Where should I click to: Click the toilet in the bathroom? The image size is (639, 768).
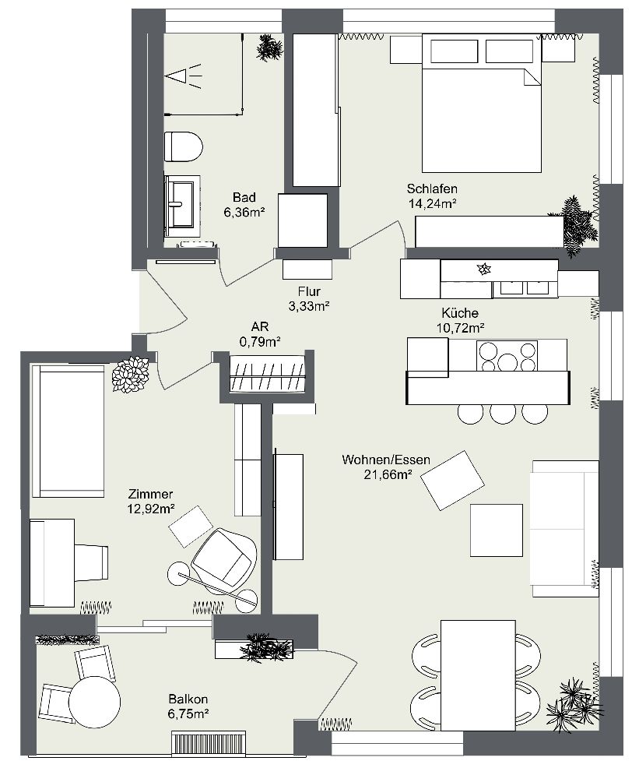click(183, 146)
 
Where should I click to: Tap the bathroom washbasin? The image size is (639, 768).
click(181, 205)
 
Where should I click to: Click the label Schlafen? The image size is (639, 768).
click(431, 188)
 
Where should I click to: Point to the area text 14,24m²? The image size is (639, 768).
click(431, 203)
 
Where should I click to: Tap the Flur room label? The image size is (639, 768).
click(308, 291)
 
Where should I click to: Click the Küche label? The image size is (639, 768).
click(462, 312)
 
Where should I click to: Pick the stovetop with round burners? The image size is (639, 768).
click(507, 356)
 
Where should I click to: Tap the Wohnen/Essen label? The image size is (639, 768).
click(386, 460)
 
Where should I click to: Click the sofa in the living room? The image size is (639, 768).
click(564, 527)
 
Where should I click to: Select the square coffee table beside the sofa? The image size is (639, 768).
click(496, 530)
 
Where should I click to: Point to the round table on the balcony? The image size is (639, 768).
click(95, 702)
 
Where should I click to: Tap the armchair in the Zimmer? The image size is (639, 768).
click(223, 555)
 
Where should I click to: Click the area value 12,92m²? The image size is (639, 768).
click(150, 509)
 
